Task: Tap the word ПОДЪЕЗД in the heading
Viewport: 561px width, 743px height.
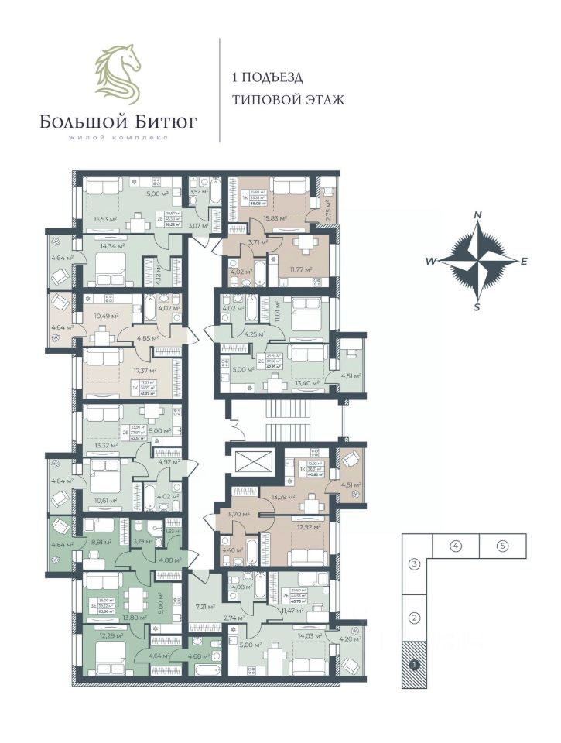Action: (275, 77)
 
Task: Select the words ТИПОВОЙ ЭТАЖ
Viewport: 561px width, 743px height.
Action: (286, 100)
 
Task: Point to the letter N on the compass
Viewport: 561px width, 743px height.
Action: (478, 214)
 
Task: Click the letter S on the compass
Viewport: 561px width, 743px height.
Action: (477, 306)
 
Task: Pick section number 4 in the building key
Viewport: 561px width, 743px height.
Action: (456, 546)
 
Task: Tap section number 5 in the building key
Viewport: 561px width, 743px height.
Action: (503, 546)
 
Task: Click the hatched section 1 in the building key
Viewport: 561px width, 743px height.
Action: (415, 664)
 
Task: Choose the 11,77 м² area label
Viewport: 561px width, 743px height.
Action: (300, 269)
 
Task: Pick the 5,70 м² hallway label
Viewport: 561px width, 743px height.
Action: (238, 513)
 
